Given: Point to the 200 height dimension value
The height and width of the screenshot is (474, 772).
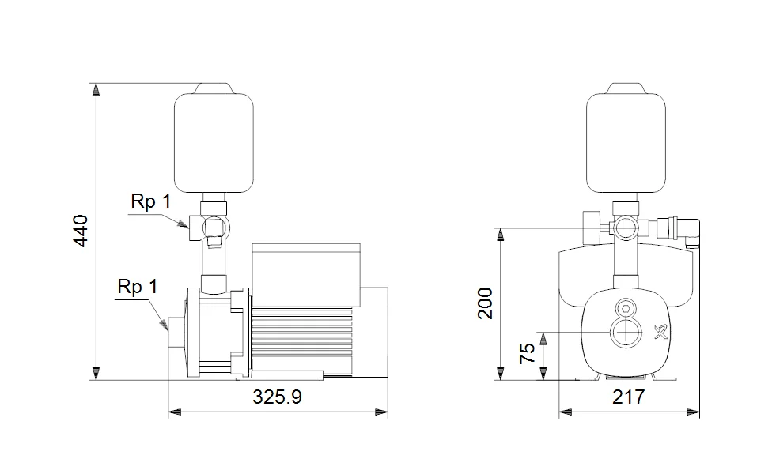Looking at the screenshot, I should point(485,303).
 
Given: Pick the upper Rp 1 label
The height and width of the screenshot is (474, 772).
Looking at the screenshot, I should point(150,201).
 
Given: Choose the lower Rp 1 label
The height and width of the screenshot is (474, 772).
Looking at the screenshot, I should point(137,287).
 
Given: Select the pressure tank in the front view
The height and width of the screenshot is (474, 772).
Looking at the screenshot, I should point(625,140).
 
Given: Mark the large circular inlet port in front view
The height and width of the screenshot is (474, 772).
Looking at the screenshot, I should point(625,333).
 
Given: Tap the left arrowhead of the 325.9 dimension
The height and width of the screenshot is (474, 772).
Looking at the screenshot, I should point(174,412).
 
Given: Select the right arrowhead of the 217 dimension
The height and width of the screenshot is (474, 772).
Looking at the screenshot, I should point(695,412).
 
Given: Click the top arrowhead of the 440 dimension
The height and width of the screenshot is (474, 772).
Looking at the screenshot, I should point(96,88).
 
